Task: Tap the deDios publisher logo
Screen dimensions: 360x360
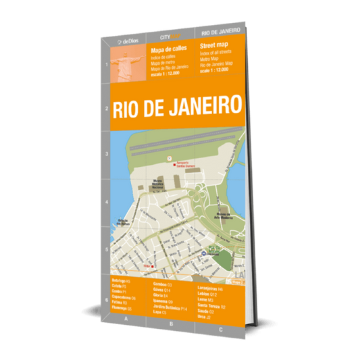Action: pos(127,41)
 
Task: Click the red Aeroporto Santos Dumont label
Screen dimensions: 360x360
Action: pos(187,165)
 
